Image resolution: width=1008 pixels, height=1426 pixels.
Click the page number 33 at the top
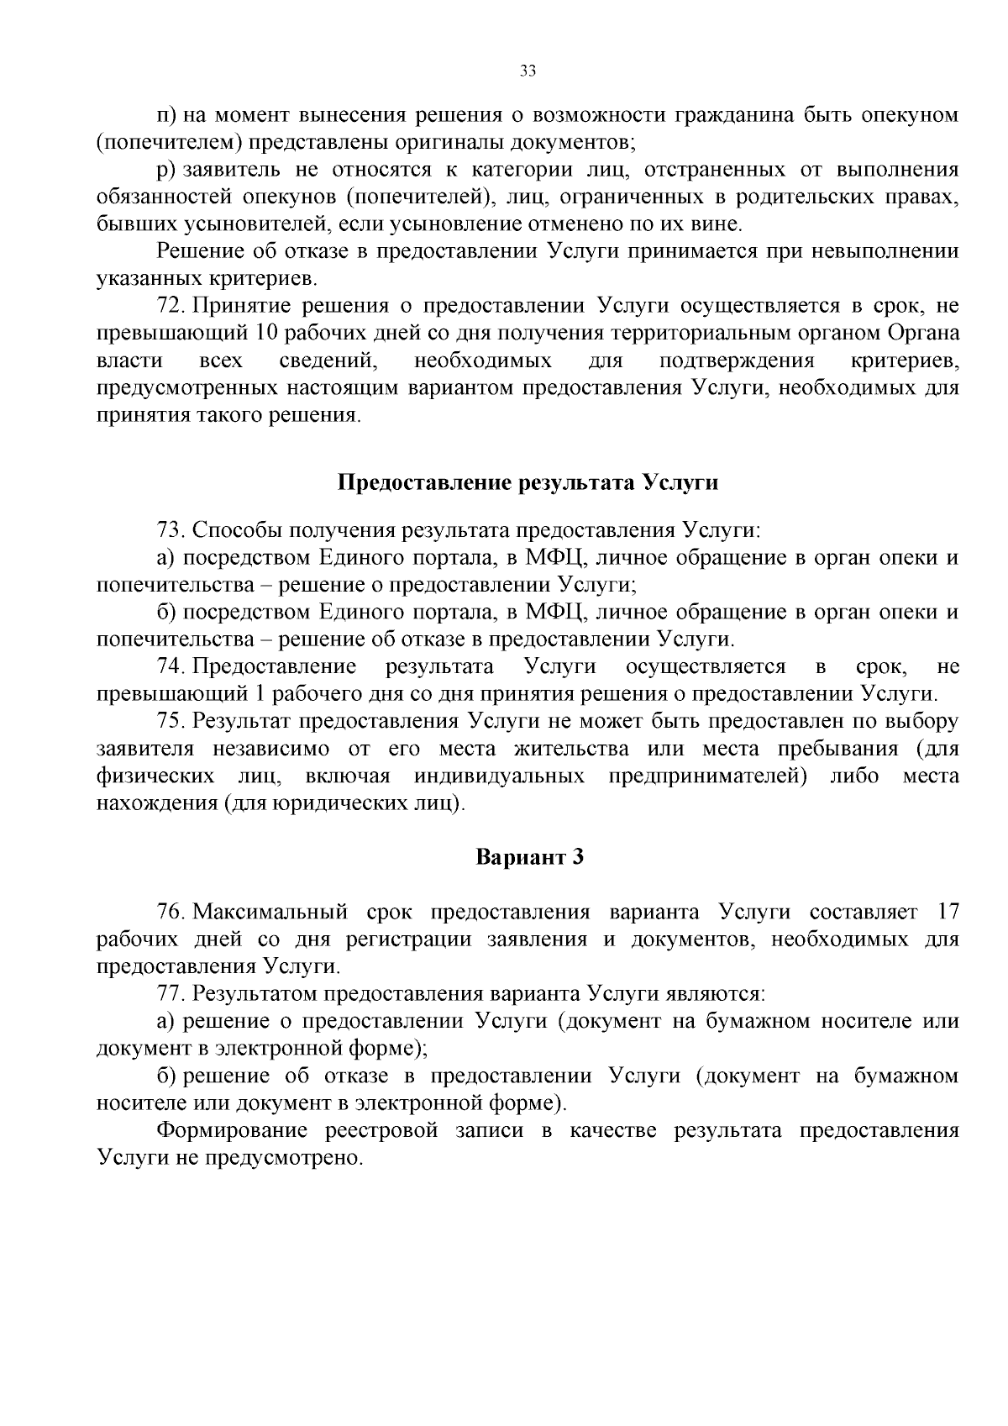(528, 71)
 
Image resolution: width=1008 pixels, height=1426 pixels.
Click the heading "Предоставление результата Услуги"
(528, 483)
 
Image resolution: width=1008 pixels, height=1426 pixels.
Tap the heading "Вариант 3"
(529, 857)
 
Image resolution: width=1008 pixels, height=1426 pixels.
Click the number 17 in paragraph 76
(947, 913)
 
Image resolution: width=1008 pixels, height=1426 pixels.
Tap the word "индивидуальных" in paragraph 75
(499, 776)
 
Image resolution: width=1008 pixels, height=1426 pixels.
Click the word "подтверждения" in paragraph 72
(737, 361)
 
